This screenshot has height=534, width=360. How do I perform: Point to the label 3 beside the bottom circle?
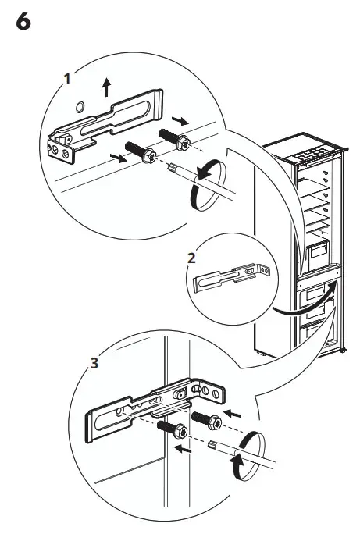coord(94,363)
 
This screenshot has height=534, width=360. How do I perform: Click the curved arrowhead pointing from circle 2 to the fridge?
coord(333,288)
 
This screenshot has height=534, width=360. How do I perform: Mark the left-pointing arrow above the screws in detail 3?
coord(232,408)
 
